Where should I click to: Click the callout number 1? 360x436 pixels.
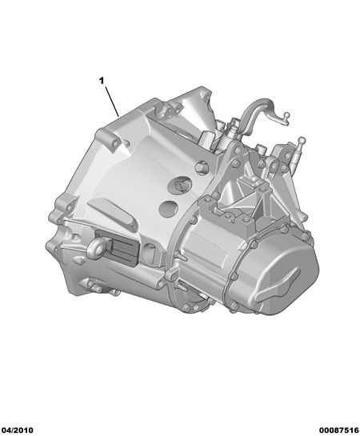[x=102, y=81]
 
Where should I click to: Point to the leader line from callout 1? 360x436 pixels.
[x=112, y=102]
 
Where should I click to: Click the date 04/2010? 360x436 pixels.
[x=18, y=430]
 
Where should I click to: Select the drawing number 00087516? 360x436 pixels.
[x=338, y=430]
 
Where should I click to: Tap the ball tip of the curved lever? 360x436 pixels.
[x=286, y=114]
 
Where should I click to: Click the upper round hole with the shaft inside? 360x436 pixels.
[x=179, y=185]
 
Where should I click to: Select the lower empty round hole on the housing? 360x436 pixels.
[x=168, y=209]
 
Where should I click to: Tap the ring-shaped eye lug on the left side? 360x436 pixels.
[x=96, y=247]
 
